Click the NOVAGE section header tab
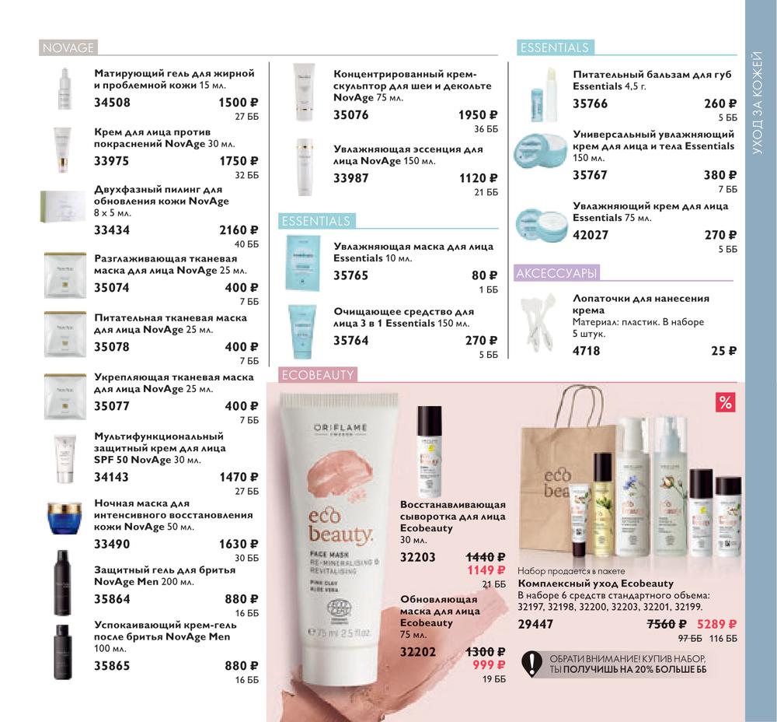68,47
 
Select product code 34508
112,103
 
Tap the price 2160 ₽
239,230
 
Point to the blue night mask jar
64,518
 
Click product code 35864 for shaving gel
112,599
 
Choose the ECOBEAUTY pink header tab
318,375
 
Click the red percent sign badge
726,402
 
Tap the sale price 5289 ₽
716,624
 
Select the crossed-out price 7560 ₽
667,624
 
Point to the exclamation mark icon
532,664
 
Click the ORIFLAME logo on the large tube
340,428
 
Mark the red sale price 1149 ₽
486,570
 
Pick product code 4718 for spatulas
586,351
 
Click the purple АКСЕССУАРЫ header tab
556,273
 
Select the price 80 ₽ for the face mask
485,275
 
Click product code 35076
351,115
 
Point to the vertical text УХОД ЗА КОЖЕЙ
757,102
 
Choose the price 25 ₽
724,351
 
